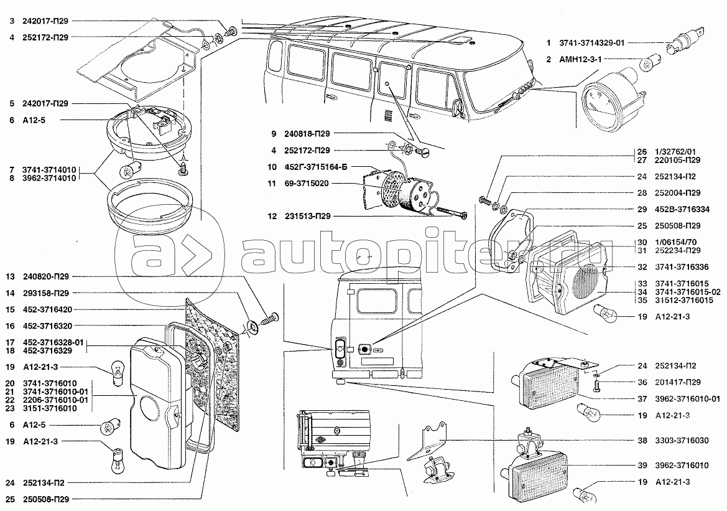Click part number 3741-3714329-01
point(593,44)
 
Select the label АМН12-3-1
point(580,59)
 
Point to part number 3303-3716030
point(680,440)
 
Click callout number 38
point(641,440)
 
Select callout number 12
point(272,216)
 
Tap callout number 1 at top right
point(549,44)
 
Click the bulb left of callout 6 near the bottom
point(109,428)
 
